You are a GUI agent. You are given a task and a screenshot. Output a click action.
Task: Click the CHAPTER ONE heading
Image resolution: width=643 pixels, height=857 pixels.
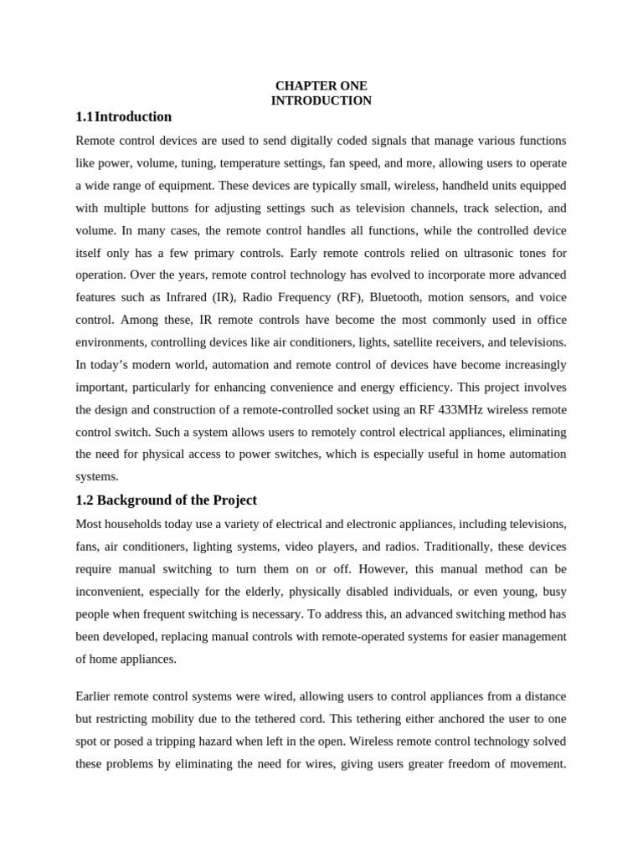point(321,86)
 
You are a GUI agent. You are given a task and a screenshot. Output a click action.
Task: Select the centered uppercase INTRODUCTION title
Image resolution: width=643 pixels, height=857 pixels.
point(321,100)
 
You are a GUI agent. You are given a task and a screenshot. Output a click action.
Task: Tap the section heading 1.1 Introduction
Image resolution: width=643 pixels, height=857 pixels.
point(124,116)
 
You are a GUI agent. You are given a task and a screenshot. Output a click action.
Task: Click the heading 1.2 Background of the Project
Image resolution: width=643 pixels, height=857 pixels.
point(166,500)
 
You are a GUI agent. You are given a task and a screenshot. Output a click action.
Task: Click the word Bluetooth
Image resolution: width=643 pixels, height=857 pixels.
point(398,297)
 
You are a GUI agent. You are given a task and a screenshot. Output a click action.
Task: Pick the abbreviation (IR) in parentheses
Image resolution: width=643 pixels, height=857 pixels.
point(263,297)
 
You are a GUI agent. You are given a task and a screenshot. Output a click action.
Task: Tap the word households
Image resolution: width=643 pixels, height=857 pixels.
point(138,524)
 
